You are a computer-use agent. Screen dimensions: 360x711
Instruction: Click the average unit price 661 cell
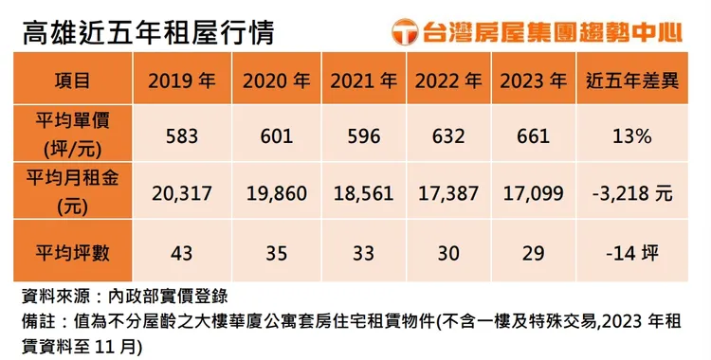tap(535, 136)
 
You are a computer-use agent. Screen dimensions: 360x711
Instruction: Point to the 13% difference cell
tap(631, 136)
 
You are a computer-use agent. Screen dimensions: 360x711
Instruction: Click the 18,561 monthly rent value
tap(362, 194)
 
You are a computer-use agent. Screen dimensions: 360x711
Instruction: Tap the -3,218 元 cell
tap(631, 194)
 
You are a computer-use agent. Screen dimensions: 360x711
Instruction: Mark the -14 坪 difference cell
tap(631, 253)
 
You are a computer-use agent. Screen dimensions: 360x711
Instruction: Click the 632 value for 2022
tap(448, 136)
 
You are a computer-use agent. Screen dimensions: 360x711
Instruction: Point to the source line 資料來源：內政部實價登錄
tap(123, 296)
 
